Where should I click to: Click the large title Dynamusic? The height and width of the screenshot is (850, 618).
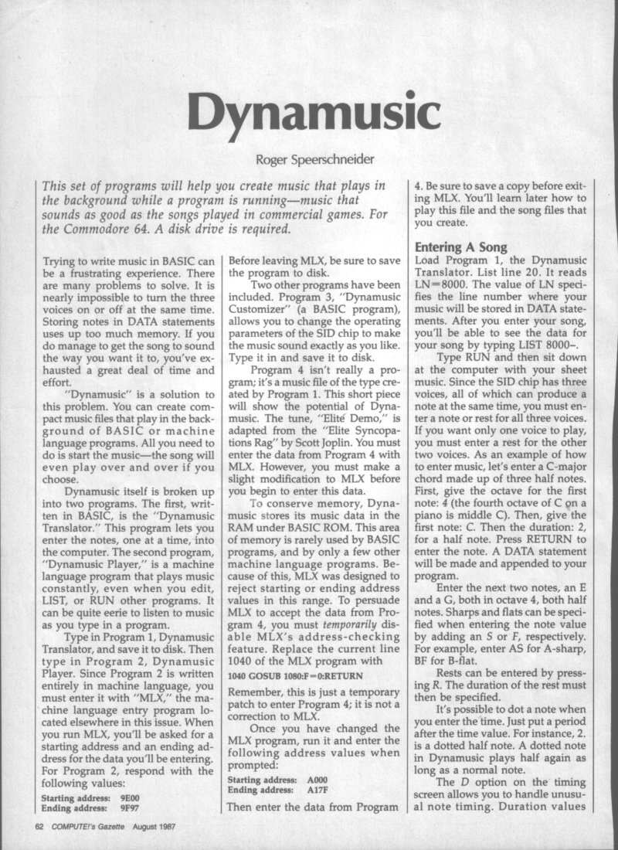[309, 114]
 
